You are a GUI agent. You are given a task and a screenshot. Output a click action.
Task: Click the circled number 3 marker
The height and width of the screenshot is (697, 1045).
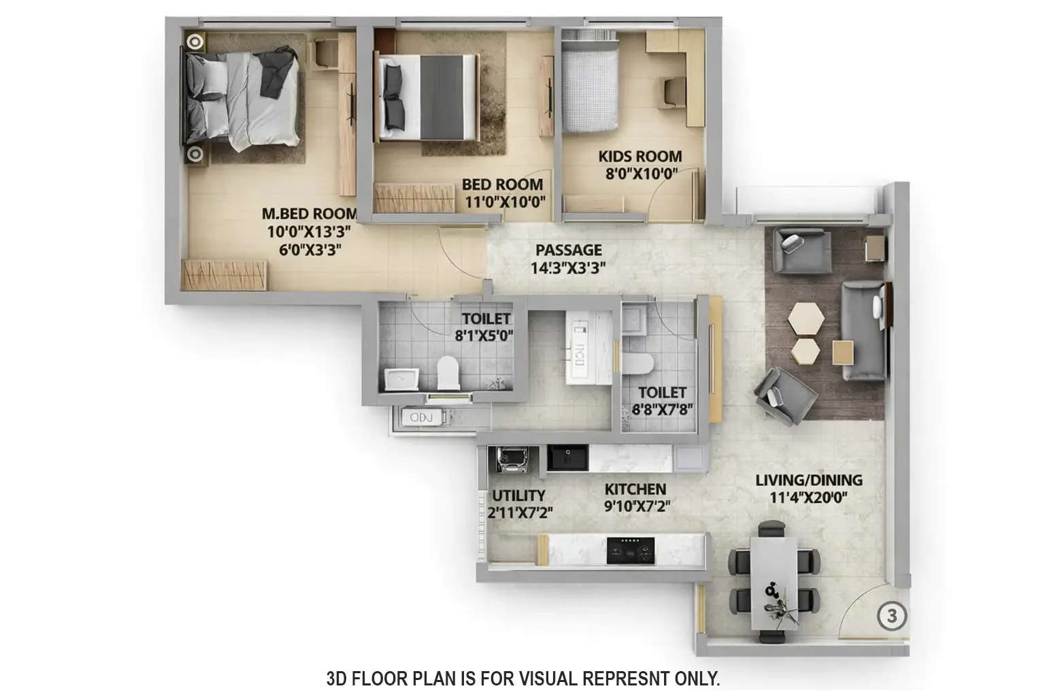[893, 616]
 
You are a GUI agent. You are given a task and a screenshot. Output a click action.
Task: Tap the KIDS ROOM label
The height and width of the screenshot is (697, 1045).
[640, 157]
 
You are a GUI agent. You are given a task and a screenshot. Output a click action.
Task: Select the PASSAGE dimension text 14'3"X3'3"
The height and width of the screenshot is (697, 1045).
[568, 268]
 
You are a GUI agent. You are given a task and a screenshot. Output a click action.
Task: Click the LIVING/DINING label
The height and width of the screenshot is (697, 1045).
[809, 480]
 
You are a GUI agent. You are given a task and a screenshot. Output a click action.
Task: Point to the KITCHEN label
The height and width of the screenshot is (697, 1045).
[635, 489]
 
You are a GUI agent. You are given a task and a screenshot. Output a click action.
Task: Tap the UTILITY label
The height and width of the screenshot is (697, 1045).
[518, 496]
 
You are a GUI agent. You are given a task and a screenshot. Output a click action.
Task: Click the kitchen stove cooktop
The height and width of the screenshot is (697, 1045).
[631, 550]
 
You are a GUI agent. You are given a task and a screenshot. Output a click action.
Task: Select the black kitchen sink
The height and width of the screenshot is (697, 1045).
[567, 458]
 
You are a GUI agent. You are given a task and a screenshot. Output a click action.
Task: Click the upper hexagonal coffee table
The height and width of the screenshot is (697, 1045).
[806, 318]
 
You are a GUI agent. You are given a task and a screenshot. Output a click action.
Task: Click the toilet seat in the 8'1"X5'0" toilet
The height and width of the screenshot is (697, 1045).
[448, 372]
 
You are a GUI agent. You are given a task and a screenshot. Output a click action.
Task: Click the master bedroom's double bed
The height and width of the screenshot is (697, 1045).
[242, 99]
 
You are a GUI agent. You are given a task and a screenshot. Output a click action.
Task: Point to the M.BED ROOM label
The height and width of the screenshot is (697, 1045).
[310, 214]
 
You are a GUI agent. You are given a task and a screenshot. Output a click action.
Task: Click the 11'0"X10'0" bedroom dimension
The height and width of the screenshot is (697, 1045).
[503, 201]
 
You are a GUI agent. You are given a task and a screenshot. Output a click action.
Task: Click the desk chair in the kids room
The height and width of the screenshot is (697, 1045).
[675, 92]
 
